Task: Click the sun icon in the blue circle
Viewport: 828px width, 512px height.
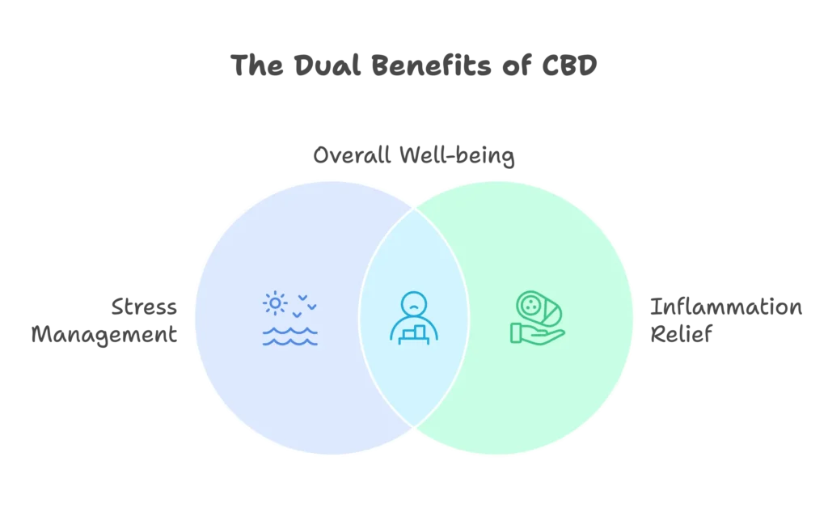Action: point(275,303)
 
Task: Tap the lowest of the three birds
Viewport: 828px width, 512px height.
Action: point(297,314)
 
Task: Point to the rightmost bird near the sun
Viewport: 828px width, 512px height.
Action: point(312,307)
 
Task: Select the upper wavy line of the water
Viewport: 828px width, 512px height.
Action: point(289,331)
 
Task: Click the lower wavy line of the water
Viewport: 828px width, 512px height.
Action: point(289,342)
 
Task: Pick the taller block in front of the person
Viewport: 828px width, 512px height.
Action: point(419,332)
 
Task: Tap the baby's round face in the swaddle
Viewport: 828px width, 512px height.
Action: point(530,304)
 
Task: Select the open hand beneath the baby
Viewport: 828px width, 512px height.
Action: point(542,333)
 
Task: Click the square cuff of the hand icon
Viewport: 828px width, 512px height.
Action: point(516,332)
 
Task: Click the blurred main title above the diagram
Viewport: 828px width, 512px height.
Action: point(413,66)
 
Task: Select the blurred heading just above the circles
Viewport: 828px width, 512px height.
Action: point(413,156)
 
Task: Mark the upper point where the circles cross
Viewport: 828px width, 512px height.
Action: point(414,209)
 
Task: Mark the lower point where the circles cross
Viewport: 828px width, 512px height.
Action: point(414,425)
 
